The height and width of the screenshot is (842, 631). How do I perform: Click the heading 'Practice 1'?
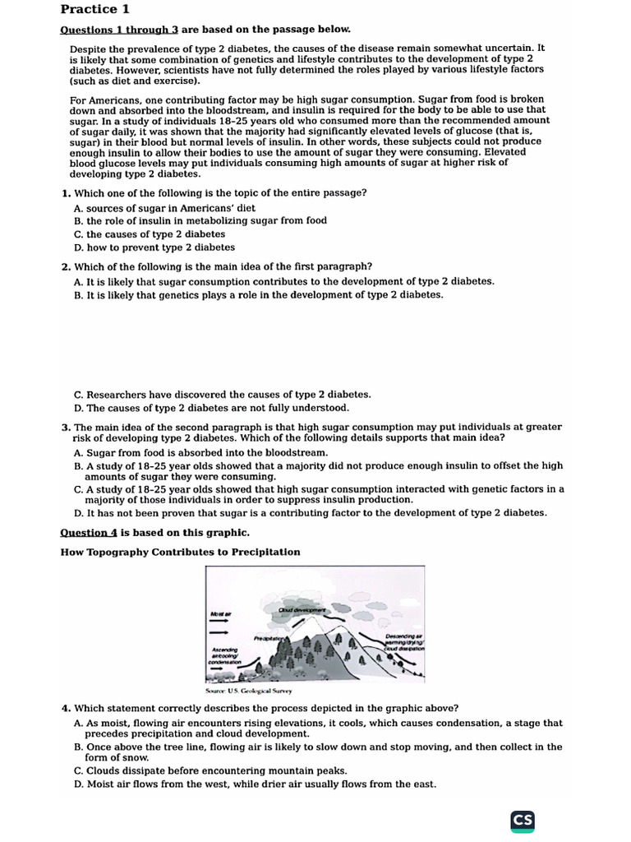[x=95, y=10]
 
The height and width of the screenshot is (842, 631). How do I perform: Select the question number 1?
[x=65, y=192]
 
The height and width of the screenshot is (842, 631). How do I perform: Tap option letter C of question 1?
[x=78, y=234]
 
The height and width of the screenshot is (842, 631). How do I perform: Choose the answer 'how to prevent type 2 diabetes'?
[x=160, y=247]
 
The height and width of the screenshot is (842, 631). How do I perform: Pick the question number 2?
[x=65, y=266]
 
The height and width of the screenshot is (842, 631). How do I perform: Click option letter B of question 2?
[x=78, y=294]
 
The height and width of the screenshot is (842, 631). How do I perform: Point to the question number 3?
[x=65, y=427]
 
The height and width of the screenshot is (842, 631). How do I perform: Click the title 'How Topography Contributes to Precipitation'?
[x=180, y=552]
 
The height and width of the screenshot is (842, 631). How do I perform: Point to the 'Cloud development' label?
[x=302, y=610]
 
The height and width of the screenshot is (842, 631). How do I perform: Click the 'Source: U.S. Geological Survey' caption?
[x=247, y=691]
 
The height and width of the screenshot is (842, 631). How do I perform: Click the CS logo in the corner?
[x=523, y=820]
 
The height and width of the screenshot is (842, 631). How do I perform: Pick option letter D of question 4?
[x=78, y=784]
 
